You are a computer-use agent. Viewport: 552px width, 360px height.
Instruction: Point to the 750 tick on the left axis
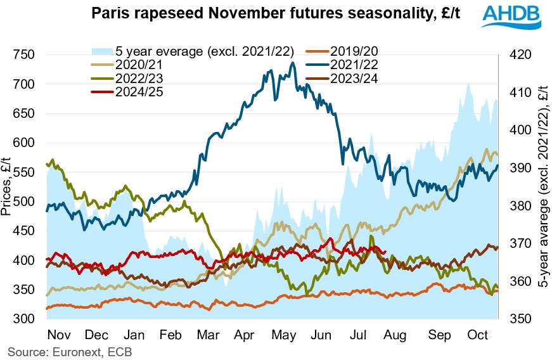point(28,55)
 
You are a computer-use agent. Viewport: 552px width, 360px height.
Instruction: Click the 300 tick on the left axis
point(28,319)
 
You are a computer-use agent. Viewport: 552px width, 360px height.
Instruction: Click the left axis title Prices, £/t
point(8,188)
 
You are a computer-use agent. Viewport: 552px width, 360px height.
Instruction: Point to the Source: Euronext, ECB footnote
point(70,350)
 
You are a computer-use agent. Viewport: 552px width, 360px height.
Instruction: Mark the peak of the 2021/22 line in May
point(292,63)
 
